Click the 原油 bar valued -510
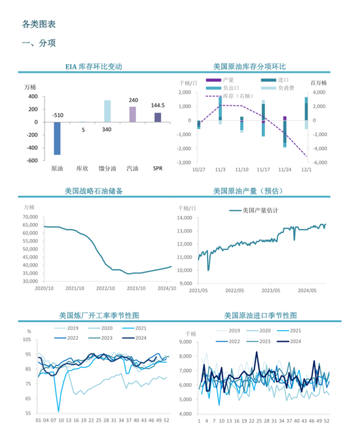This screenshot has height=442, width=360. pyautogui.click(x=57, y=138)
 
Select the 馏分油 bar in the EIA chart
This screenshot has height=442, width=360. pyautogui.click(x=107, y=111)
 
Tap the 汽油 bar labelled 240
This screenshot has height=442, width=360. pyautogui.click(x=132, y=115)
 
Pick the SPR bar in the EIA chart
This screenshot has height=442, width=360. pyautogui.click(x=158, y=117)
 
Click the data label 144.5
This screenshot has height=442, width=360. pyautogui.click(x=158, y=105)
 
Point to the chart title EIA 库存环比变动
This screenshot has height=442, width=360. pyautogui.click(x=94, y=67)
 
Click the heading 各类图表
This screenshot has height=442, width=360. pyautogui.click(x=39, y=24)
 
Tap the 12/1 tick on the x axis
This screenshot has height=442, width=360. pyautogui.click(x=306, y=170)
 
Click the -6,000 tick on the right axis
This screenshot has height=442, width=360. pyautogui.click(x=319, y=162)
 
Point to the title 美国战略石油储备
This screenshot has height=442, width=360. pyautogui.click(x=94, y=191)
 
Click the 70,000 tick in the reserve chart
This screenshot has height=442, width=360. pyautogui.click(x=30, y=217)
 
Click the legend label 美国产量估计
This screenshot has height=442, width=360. pyautogui.click(x=260, y=211)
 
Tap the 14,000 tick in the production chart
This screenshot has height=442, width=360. pyautogui.click(x=187, y=217)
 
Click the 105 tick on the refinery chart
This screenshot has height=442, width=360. pyautogui.click(x=27, y=340)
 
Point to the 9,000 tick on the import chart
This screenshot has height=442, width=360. pyautogui.click(x=187, y=342)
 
